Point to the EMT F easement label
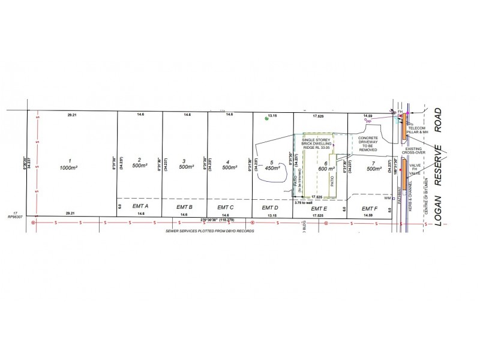point(369,206)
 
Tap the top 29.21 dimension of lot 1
point(71,113)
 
